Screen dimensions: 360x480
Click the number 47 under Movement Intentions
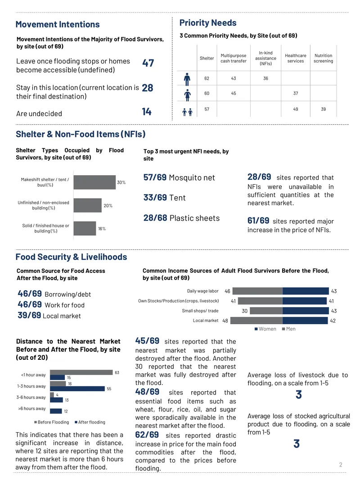click(x=148, y=63)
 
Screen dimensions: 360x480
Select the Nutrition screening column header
click(x=323, y=58)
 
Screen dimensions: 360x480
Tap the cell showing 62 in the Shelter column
click(x=207, y=78)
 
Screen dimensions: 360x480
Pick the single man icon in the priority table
click(x=187, y=79)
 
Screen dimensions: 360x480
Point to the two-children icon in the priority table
click(x=187, y=112)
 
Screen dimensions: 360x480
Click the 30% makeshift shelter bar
click(x=94, y=182)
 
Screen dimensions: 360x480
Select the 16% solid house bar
click(x=85, y=228)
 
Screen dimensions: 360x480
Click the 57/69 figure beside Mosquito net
click(x=155, y=177)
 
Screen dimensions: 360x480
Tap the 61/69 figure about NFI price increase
click(x=258, y=220)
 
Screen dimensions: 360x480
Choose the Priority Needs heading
click(x=208, y=23)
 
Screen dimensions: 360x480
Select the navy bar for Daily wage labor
click(x=306, y=291)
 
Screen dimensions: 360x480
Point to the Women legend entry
click(x=265, y=329)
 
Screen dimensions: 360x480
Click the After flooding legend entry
click(x=90, y=422)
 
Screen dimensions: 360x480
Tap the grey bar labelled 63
click(x=81, y=372)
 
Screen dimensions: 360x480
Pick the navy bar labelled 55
click(x=77, y=389)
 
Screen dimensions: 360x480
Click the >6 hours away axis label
click(x=32, y=408)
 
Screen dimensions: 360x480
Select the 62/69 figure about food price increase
click(x=147, y=435)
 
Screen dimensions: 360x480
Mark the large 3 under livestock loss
click(x=298, y=394)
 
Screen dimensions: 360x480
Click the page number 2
click(x=341, y=465)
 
